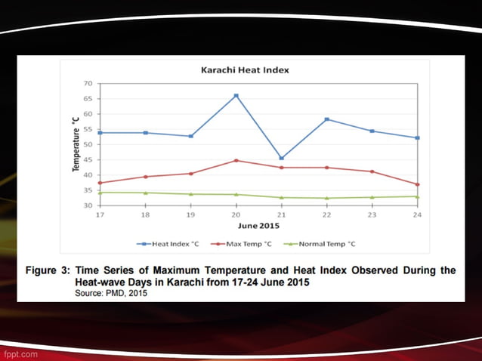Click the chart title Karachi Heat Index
(x=244, y=70)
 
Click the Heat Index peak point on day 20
(x=236, y=96)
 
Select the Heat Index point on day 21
(x=281, y=159)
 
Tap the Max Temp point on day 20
(x=236, y=160)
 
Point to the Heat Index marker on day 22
(x=326, y=119)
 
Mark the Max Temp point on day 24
(x=417, y=184)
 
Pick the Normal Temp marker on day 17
(x=100, y=193)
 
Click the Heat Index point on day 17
(x=100, y=133)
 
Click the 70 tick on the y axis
(x=88, y=84)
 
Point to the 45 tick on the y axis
(x=88, y=160)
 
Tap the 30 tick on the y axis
(x=88, y=205)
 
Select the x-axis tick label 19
(x=190, y=215)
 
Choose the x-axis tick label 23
(x=372, y=215)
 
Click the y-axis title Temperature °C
(x=76, y=143)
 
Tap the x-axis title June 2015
(x=259, y=225)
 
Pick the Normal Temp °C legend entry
(x=326, y=244)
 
